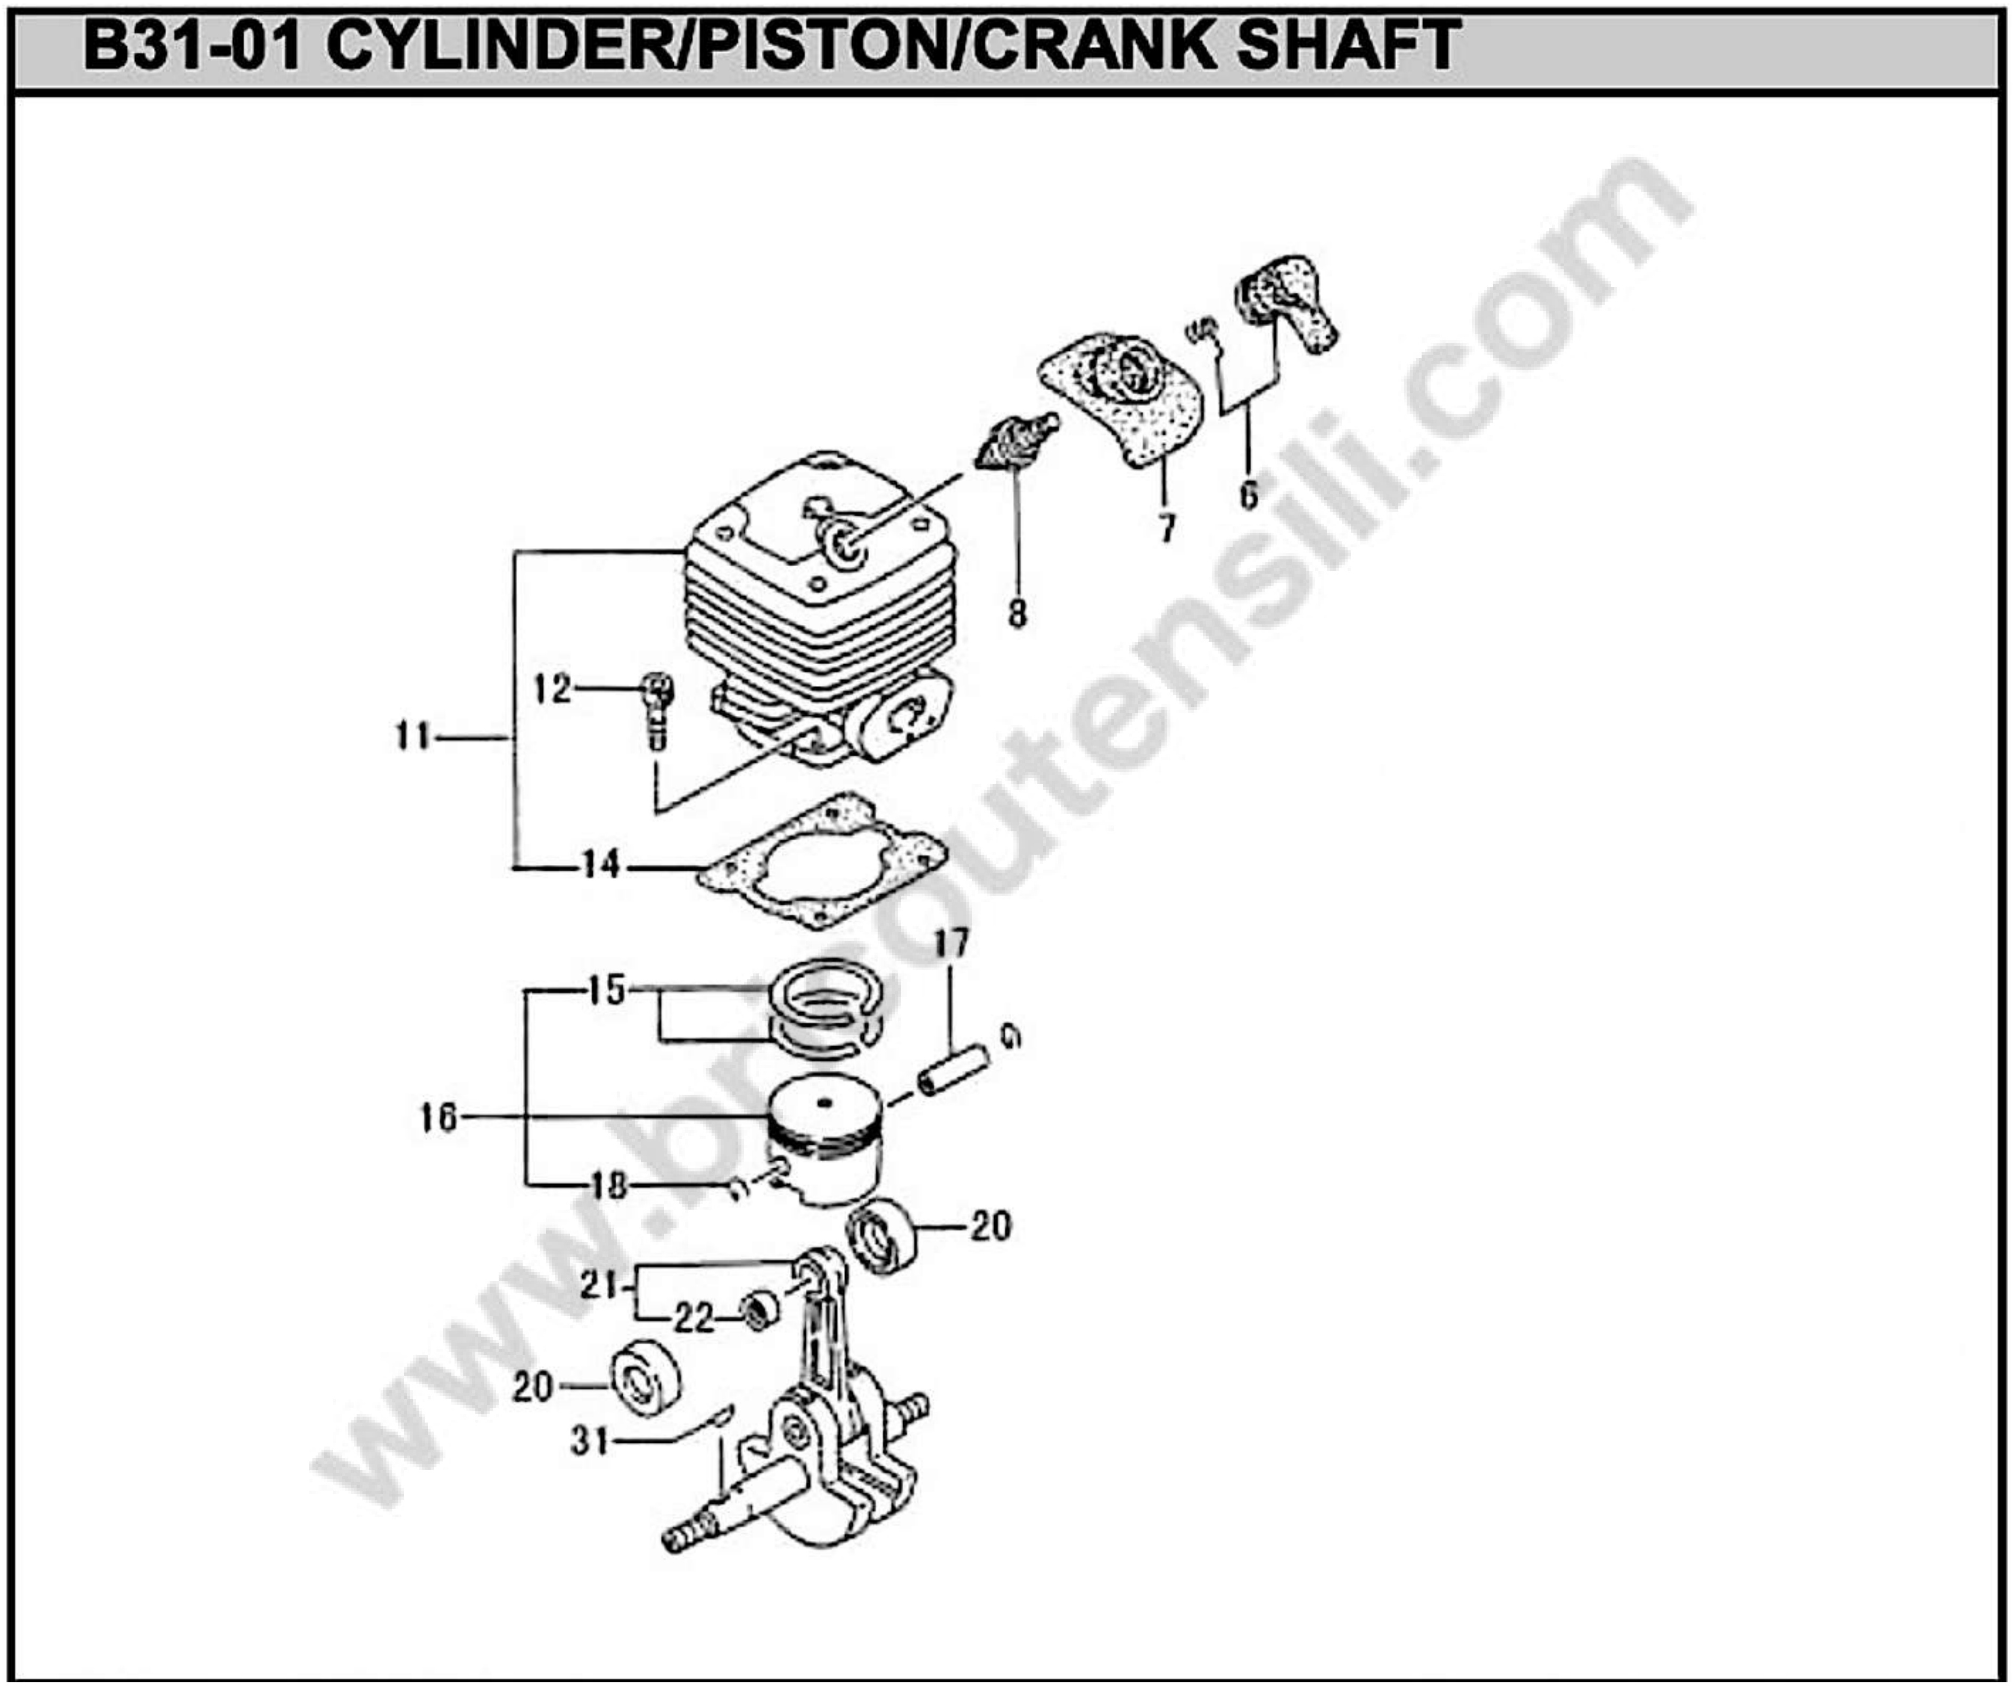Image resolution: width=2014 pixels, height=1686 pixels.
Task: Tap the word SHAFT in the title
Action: point(1348,46)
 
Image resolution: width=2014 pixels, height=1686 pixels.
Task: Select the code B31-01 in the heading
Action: point(192,46)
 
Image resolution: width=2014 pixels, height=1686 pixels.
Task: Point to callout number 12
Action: point(552,689)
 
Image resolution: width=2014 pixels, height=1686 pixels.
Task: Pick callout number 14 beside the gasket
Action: point(601,865)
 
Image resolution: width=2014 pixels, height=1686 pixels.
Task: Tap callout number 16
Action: point(439,1117)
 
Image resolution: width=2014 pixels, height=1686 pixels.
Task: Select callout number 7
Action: point(1166,527)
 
